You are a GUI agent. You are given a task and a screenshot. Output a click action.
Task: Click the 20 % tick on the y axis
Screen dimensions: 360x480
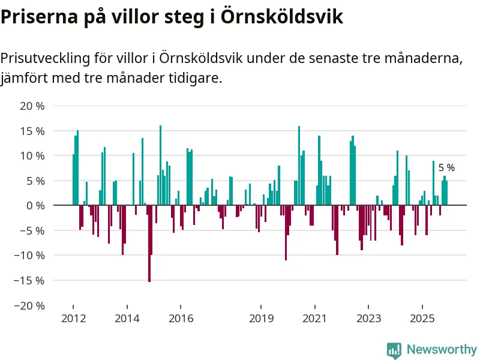point(32,106)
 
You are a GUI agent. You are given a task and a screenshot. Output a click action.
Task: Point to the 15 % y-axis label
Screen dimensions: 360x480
point(32,131)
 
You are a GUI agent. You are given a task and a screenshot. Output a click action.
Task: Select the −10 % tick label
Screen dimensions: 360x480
point(29,255)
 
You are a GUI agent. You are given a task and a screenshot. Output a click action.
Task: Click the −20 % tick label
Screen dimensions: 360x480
point(29,305)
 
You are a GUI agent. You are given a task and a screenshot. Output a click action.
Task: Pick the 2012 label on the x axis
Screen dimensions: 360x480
point(73,318)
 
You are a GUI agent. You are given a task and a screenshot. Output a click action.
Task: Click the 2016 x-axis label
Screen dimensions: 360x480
point(181,318)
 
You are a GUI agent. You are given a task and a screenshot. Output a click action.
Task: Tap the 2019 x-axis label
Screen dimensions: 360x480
point(262,318)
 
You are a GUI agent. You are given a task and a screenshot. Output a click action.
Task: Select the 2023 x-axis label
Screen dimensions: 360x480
point(369,318)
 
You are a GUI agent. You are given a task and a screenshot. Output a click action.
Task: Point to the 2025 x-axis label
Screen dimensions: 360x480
point(423,318)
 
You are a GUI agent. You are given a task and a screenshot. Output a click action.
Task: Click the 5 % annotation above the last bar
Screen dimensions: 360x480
point(446,168)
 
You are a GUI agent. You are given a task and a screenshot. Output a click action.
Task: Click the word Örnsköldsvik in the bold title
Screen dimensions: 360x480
point(282,17)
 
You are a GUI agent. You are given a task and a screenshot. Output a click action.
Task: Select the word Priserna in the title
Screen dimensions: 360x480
point(35,17)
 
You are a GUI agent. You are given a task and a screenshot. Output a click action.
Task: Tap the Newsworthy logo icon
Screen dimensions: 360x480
point(394,350)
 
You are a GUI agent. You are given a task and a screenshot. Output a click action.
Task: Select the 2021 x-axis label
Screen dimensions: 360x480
point(316,318)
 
